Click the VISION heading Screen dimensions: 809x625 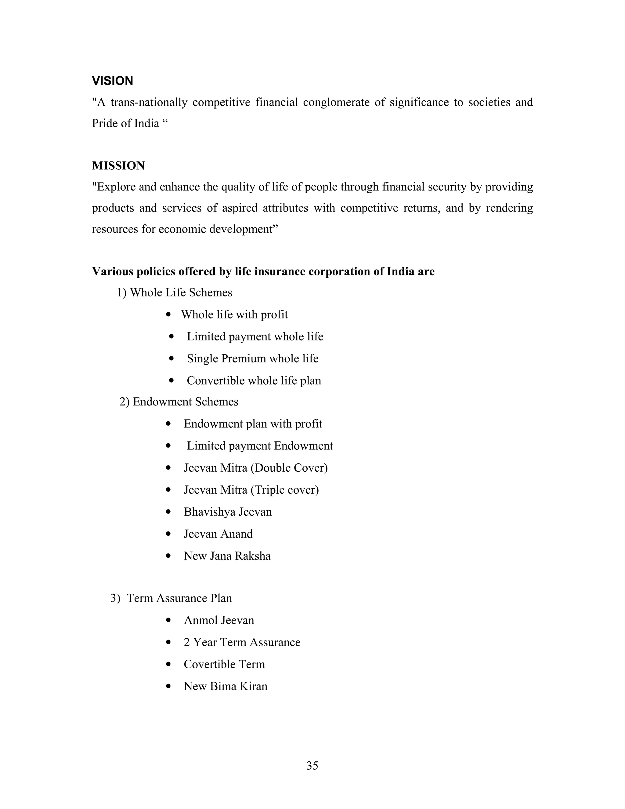click(x=112, y=81)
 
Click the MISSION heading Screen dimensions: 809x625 click(x=118, y=165)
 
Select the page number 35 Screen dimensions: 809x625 click(x=312, y=765)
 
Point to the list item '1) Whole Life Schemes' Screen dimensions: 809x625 click(x=174, y=293)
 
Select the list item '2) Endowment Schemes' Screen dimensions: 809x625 click(x=179, y=402)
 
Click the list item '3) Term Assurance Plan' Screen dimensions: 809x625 click(x=171, y=598)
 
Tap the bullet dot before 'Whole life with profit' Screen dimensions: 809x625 click(x=168, y=315)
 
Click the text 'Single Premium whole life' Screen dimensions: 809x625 click(x=252, y=359)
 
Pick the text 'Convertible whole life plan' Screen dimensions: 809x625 click(x=254, y=381)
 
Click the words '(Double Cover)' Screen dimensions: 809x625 click(x=289, y=468)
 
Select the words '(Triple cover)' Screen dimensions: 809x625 click(x=285, y=490)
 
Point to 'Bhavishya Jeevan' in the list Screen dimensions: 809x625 click(x=228, y=512)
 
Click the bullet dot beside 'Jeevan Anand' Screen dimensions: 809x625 click(x=168, y=534)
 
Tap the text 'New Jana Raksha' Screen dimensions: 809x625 click(x=227, y=556)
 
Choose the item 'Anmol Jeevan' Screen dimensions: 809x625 click(x=219, y=620)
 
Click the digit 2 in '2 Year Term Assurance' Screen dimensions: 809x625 click(x=186, y=642)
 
